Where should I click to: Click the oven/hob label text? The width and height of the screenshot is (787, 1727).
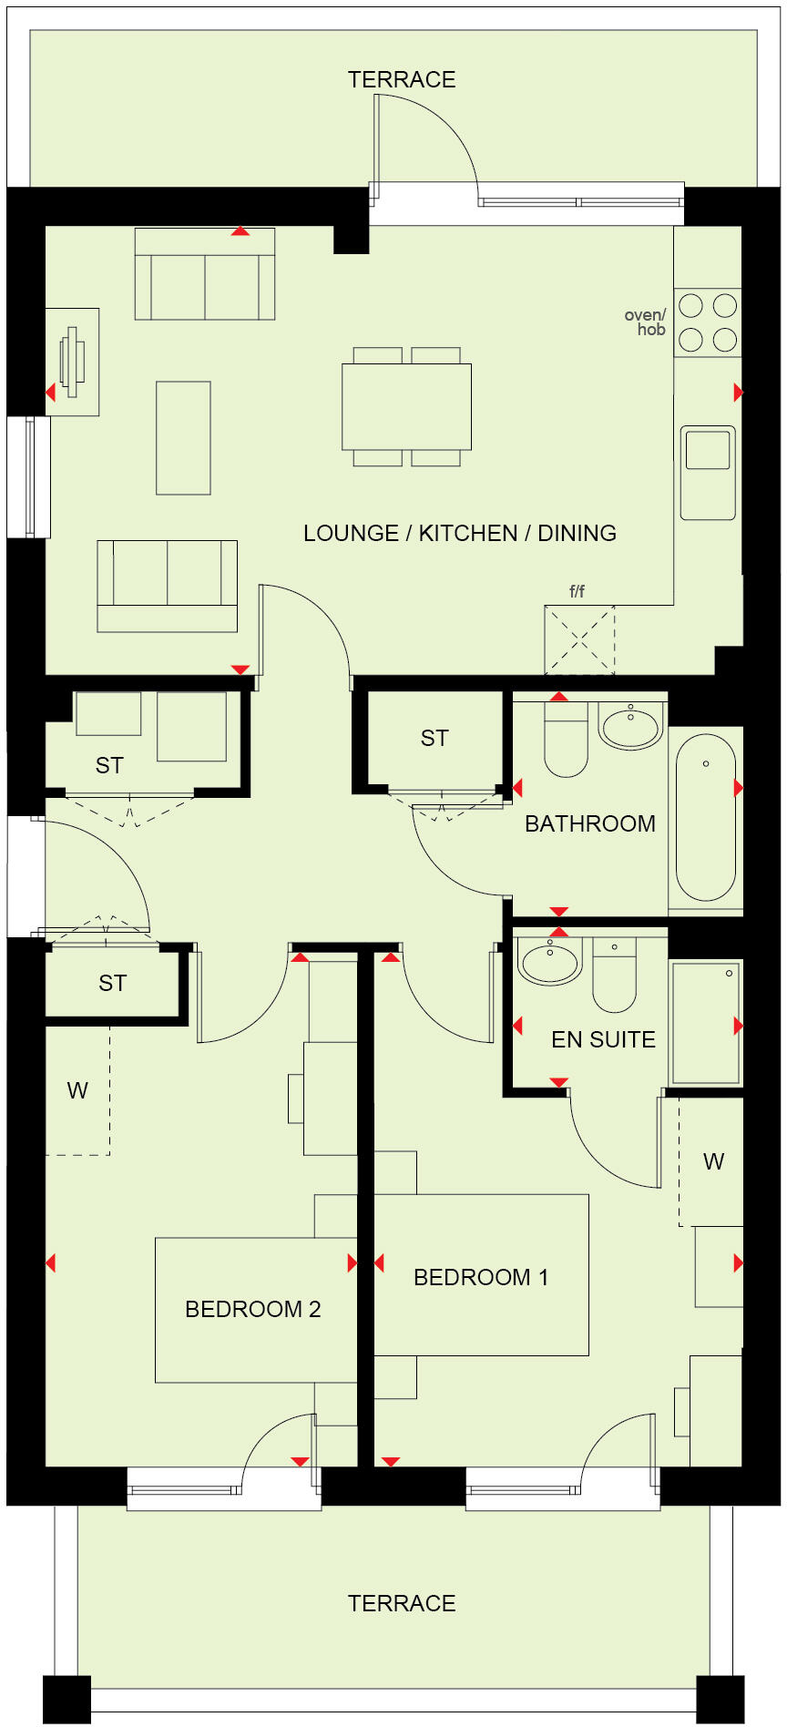(x=645, y=322)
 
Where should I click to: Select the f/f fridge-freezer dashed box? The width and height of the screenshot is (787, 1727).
(x=579, y=639)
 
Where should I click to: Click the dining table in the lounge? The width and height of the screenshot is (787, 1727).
(x=406, y=406)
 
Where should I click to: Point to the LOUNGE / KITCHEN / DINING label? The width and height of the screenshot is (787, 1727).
(x=459, y=533)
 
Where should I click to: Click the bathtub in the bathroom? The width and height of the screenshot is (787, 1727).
(x=706, y=816)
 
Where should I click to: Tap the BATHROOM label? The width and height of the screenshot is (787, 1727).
(x=589, y=823)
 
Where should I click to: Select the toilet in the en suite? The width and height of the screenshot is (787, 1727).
(x=614, y=975)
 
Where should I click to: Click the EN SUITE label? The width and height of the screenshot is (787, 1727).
(x=603, y=1039)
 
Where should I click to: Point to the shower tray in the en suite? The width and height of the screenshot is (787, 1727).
(x=706, y=1022)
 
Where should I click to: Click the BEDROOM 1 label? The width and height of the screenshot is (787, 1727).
(x=481, y=1277)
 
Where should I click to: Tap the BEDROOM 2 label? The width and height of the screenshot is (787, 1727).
(x=252, y=1309)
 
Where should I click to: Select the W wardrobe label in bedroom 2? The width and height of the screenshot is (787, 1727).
(x=77, y=1090)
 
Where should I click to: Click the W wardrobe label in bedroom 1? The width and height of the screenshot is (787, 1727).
(x=713, y=1161)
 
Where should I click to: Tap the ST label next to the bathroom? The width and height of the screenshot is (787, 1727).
(x=434, y=738)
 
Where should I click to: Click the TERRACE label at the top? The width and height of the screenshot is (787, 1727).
(x=401, y=79)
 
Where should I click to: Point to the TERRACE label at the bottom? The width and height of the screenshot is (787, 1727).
(x=401, y=1603)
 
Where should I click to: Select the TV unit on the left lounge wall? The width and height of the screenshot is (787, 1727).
(x=73, y=362)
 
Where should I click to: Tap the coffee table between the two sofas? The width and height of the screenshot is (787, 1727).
(x=183, y=437)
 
